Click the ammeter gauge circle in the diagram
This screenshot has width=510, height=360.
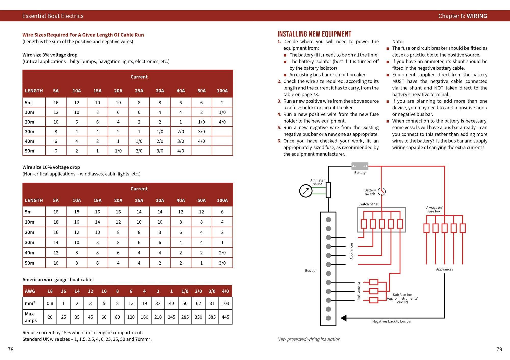click(x=306, y=191)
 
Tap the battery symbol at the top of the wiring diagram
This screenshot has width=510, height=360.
click(x=360, y=166)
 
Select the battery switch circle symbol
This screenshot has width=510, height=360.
click(x=381, y=191)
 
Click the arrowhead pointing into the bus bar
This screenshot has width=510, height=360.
click(x=344, y=318)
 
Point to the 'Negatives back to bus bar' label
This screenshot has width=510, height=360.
click(x=392, y=322)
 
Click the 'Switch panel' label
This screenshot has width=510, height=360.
click(x=368, y=204)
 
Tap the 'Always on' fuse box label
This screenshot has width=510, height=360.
click(x=434, y=209)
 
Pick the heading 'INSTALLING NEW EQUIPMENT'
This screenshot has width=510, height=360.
click(x=314, y=34)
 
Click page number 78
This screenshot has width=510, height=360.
click(x=11, y=349)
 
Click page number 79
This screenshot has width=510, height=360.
click(x=499, y=349)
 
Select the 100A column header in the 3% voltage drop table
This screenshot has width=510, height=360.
click(x=222, y=91)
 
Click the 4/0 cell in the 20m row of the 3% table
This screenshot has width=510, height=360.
click(x=222, y=122)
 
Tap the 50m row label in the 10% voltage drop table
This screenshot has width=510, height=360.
click(x=30, y=263)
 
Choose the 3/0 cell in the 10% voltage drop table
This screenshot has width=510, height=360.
click(x=222, y=263)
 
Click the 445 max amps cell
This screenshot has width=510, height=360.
click(x=225, y=317)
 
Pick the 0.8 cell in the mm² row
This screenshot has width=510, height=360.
click(x=50, y=303)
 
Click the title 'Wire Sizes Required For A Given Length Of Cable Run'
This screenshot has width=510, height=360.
click(x=83, y=35)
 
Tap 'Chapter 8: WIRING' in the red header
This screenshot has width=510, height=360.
click(x=463, y=16)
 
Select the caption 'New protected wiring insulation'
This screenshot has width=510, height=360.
click(x=309, y=339)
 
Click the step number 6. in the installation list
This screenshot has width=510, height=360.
click(x=279, y=141)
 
